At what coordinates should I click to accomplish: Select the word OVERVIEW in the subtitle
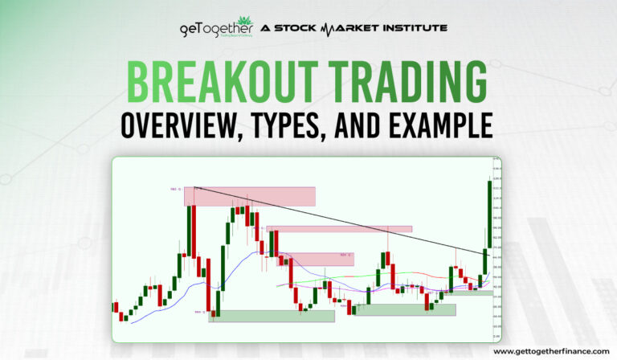179,126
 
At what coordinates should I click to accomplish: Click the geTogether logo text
214,28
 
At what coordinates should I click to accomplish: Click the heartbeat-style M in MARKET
329,28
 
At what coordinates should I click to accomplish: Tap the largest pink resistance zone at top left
250,196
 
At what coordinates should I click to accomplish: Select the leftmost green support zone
271,316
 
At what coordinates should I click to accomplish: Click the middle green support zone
405,309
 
